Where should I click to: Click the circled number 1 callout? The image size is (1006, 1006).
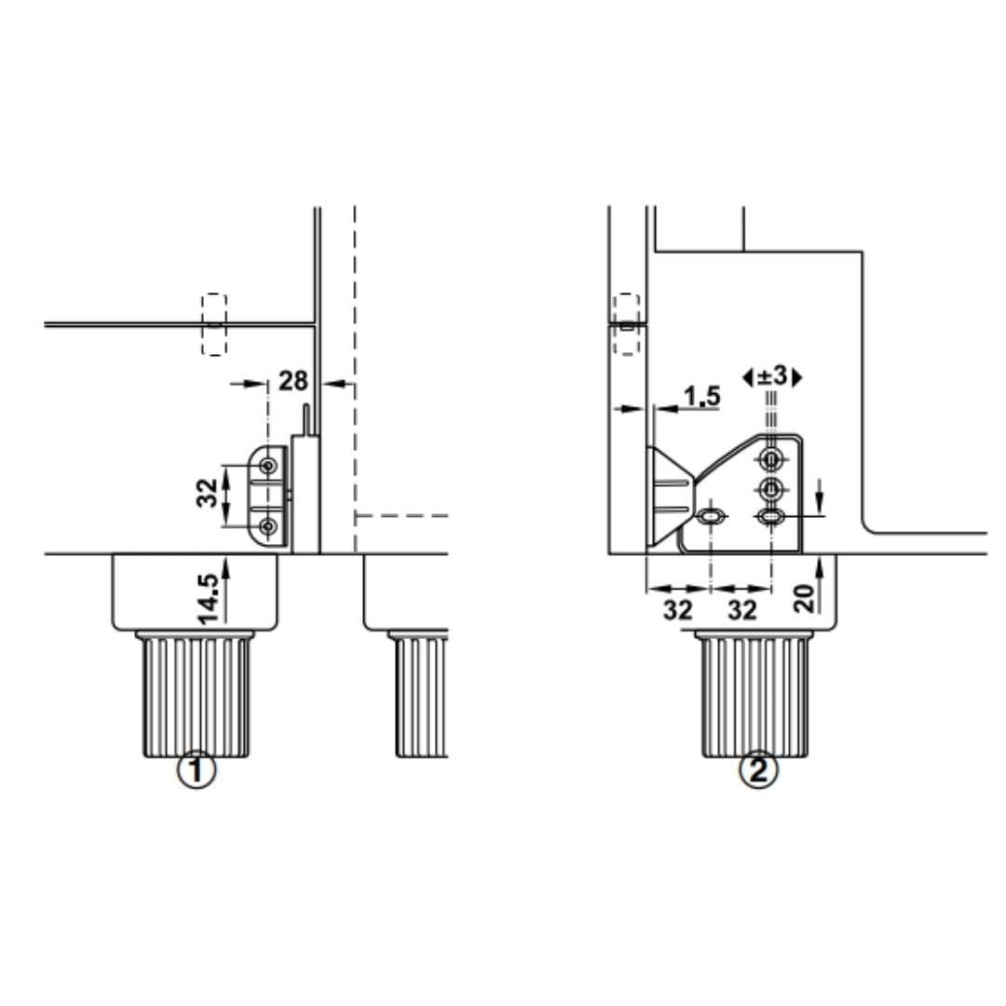(197, 770)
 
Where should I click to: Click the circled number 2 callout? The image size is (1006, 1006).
(758, 770)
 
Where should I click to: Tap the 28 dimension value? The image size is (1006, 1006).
(293, 381)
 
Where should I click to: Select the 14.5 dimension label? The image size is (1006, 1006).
(209, 599)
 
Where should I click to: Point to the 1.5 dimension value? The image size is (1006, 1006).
(702, 397)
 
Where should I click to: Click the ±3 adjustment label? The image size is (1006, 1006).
(772, 376)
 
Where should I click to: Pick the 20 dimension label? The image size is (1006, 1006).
(804, 599)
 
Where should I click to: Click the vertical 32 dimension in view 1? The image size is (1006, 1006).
(207, 494)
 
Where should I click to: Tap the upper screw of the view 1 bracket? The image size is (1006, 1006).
(269, 465)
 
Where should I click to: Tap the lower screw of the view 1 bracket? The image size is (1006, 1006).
(269, 526)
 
